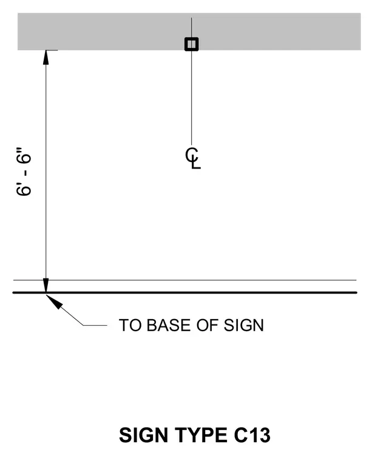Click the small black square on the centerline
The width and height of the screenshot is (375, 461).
[192, 44]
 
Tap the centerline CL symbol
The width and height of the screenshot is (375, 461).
[192, 158]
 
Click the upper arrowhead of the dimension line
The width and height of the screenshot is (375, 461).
[46, 58]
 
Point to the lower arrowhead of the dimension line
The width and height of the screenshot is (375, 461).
[46, 285]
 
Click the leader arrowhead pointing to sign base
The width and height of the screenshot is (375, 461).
[54, 301]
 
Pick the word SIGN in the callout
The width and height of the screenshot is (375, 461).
[244, 326]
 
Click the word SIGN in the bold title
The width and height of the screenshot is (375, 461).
[144, 435]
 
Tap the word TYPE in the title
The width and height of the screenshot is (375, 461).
[201, 435]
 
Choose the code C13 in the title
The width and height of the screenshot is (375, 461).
[252, 435]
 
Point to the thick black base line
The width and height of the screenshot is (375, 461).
[184, 292]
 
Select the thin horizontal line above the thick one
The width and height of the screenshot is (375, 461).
[184, 280]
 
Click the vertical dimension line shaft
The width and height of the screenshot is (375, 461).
[46, 172]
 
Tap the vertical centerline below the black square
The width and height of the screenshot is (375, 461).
[192, 98]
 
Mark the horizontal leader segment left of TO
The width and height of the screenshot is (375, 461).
[95, 326]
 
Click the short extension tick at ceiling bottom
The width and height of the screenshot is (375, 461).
[52, 50]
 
